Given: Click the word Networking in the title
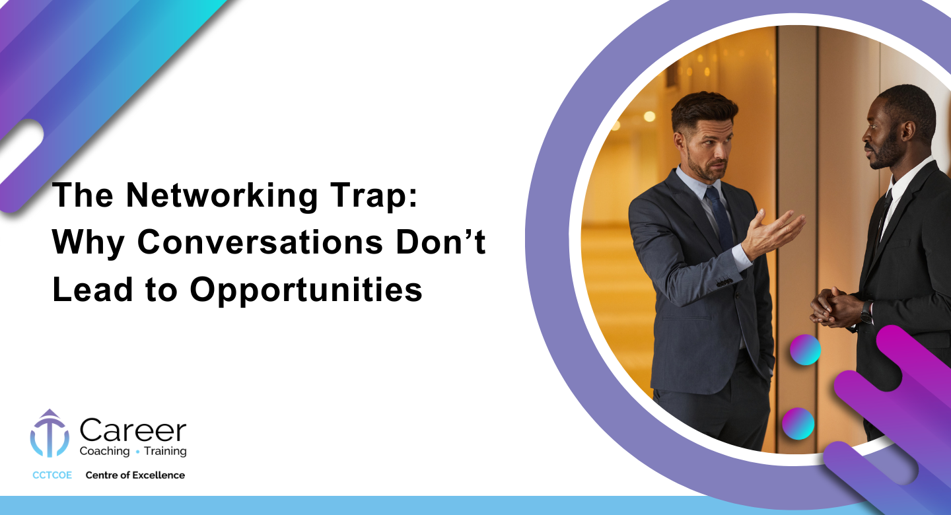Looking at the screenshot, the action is pyautogui.click(x=222, y=195).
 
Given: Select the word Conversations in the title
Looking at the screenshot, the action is pyautogui.click(x=260, y=242).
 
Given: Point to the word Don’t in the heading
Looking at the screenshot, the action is pyautogui.click(x=440, y=242).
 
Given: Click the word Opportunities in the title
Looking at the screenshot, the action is pyautogui.click(x=306, y=291).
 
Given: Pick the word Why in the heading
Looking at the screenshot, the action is pyautogui.click(x=88, y=243).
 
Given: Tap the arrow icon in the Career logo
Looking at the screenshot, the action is pyautogui.click(x=50, y=433).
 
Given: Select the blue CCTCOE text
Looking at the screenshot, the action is pyautogui.click(x=52, y=475).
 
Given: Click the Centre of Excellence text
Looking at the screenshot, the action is pyautogui.click(x=135, y=475).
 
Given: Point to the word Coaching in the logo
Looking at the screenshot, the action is pyautogui.click(x=104, y=451).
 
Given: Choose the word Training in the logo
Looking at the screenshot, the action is pyautogui.click(x=165, y=451).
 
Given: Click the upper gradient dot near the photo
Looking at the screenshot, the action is pyautogui.click(x=805, y=350).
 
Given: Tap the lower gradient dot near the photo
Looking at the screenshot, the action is pyautogui.click(x=798, y=423).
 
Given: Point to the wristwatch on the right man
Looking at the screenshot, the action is pyautogui.click(x=866, y=312).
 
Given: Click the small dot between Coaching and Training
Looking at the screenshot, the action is pyautogui.click(x=137, y=452).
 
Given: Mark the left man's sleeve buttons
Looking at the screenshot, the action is pyautogui.click(x=724, y=281).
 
